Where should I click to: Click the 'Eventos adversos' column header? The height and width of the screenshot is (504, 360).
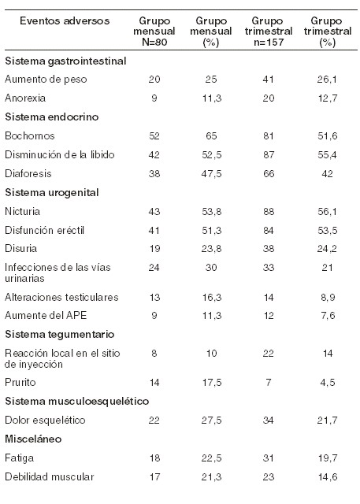point(65,21)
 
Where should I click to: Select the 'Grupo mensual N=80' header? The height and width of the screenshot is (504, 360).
point(154,31)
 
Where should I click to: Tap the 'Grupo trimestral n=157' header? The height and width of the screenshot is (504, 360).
point(269,31)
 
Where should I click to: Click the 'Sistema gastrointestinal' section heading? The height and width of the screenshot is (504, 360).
point(65,61)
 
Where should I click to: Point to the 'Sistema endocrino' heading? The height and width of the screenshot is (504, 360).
point(52,117)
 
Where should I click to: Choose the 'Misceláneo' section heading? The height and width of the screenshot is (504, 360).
point(33,439)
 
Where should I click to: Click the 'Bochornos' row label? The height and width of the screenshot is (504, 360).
point(30,135)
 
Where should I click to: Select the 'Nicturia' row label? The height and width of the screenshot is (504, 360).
point(23,212)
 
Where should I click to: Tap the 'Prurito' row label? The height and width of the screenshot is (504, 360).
point(20,383)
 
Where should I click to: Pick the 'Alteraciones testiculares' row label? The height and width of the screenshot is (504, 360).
point(61,297)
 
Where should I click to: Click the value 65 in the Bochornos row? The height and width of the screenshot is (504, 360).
point(211,135)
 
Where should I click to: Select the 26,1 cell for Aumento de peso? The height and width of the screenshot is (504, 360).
point(327,80)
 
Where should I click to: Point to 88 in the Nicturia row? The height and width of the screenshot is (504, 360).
point(269,212)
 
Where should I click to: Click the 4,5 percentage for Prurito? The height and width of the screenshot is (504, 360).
point(328,383)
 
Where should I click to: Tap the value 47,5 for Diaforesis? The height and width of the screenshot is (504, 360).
point(211,174)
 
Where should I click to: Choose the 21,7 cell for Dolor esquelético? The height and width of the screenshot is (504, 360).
point(327,420)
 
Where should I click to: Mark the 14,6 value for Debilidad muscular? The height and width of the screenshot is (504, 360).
point(328,476)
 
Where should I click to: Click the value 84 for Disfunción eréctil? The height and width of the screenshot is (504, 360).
point(269,231)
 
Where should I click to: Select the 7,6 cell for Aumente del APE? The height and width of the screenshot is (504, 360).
point(328,315)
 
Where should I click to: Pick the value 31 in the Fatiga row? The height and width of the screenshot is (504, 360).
point(269,458)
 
